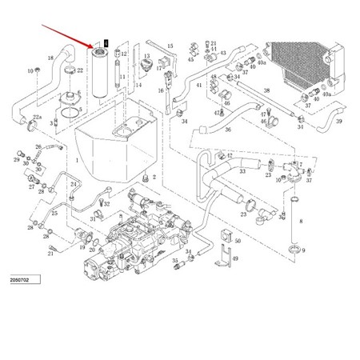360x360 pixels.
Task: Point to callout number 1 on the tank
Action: pyautogui.click(x=77, y=160)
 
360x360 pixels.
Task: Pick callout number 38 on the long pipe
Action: pyautogui.click(x=267, y=90)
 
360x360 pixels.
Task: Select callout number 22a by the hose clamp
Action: pyautogui.click(x=37, y=118)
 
